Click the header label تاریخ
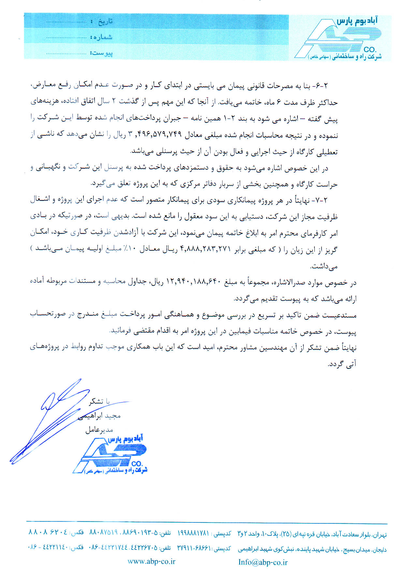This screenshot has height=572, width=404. coord(105,22)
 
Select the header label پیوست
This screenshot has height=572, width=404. coord(103,53)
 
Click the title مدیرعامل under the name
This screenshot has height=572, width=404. coord(99,430)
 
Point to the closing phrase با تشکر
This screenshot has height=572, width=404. coord(99,401)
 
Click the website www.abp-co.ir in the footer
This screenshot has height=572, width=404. coord(151,561)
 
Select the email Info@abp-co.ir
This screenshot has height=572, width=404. coord(263,562)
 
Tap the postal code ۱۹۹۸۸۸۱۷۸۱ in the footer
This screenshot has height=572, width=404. coord(193,533)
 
